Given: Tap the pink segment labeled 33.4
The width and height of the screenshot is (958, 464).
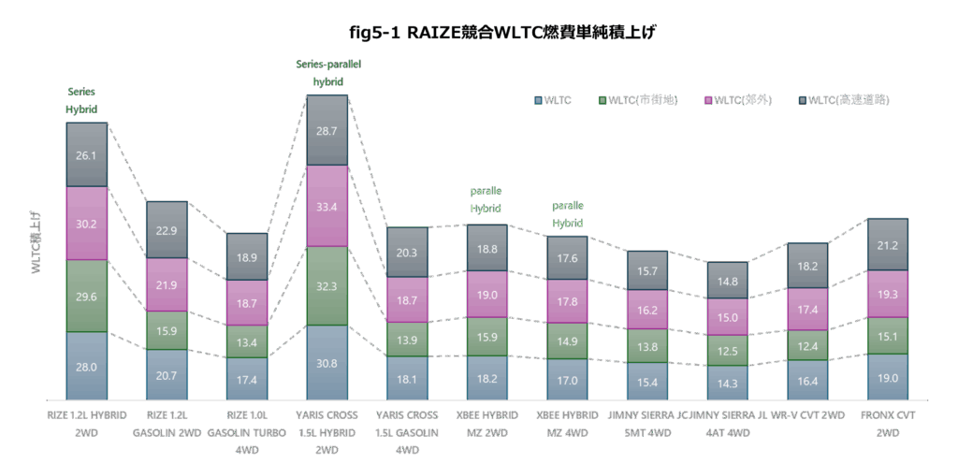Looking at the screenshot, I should [327, 206].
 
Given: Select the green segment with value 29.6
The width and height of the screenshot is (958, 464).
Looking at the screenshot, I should [87, 296].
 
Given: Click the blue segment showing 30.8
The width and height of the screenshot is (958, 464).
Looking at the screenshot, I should [327, 362].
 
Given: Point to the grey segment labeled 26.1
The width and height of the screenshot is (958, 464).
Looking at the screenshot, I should [87, 154].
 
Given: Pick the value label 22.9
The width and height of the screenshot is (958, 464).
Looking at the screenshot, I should [167, 231].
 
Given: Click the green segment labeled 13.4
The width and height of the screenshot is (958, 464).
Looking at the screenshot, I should [247, 341].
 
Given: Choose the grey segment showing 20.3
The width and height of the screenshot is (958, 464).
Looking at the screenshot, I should [407, 252].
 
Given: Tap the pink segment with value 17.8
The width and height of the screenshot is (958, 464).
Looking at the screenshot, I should [567, 301].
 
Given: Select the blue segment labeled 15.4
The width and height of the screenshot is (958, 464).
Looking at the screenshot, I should [647, 381].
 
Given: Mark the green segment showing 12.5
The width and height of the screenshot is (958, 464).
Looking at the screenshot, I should [727, 350].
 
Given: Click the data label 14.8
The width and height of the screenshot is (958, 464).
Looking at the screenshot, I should [727, 281].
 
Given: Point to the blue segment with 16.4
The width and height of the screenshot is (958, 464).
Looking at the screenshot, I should [806, 380].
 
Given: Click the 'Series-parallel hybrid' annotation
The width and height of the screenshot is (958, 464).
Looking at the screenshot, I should [328, 72].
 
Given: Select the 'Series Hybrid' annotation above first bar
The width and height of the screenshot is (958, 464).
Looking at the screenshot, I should [80, 100].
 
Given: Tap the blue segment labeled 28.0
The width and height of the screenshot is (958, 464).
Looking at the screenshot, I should [87, 366].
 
